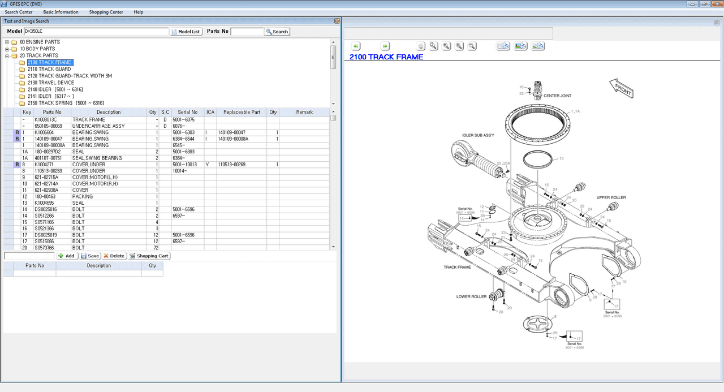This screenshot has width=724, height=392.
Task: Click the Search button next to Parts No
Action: tap(277, 32)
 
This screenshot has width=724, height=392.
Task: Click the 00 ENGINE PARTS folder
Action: tap(40, 42)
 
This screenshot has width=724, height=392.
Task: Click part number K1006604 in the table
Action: tap(44, 132)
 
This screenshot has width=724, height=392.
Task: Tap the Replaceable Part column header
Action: tap(242, 112)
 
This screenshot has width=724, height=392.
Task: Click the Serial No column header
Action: tap(187, 112)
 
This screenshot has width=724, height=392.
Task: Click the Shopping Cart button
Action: tap(149, 256)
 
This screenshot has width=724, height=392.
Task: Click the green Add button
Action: tap(67, 256)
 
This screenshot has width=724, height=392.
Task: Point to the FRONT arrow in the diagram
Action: tap(621, 88)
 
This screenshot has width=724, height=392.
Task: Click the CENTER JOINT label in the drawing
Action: tap(557, 96)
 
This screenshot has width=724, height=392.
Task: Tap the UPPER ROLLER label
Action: tap(611, 197)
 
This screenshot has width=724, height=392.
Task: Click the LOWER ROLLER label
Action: tap(471, 296)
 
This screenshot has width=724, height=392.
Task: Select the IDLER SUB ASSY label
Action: tap(478, 135)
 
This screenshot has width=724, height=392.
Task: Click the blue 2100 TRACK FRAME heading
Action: tap(386, 57)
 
